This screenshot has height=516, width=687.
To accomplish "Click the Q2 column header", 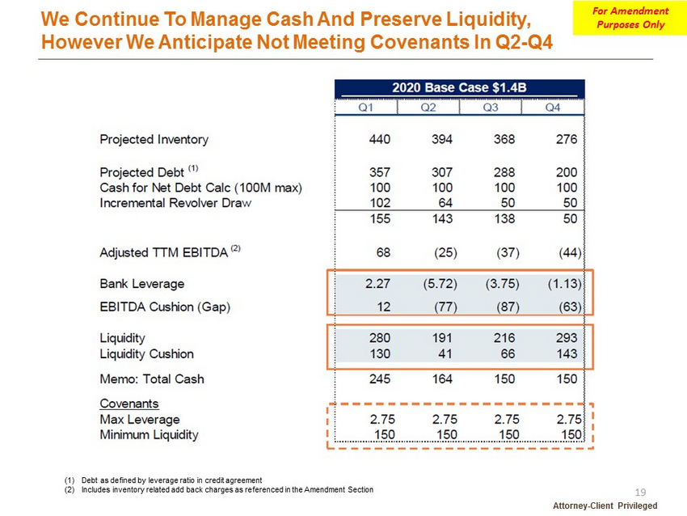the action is click(428, 108).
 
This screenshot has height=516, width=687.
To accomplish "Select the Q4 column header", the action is click(553, 108).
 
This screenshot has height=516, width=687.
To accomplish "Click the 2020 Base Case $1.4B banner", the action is click(460, 88).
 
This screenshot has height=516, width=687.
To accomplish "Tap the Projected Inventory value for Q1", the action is click(379, 139).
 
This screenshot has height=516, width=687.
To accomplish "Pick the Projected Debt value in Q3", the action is click(504, 172).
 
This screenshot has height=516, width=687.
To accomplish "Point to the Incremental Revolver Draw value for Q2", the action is click(445, 203).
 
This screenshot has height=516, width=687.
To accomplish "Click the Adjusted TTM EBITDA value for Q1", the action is click(383, 252).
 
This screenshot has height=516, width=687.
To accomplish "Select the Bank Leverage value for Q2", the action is click(440, 284).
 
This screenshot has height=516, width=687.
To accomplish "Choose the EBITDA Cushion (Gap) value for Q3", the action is click(508, 307).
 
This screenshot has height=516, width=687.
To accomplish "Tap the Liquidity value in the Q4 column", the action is click(567, 338).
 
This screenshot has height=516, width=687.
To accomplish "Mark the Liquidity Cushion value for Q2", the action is click(445, 353).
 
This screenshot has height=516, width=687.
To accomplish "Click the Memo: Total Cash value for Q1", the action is click(379, 379).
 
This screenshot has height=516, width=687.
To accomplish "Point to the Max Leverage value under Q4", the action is click(569, 420).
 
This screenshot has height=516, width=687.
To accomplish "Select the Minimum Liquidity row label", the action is click(149, 435).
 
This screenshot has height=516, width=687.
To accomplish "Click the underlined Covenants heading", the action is click(129, 404).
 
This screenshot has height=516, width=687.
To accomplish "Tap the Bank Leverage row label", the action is click(142, 284).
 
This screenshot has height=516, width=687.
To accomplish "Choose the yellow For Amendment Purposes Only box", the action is click(630, 18).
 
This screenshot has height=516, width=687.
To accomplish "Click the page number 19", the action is click(640, 493).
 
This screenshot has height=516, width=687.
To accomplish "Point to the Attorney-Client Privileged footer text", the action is click(605, 505).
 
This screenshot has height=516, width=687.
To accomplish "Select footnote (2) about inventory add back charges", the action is click(219, 489).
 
